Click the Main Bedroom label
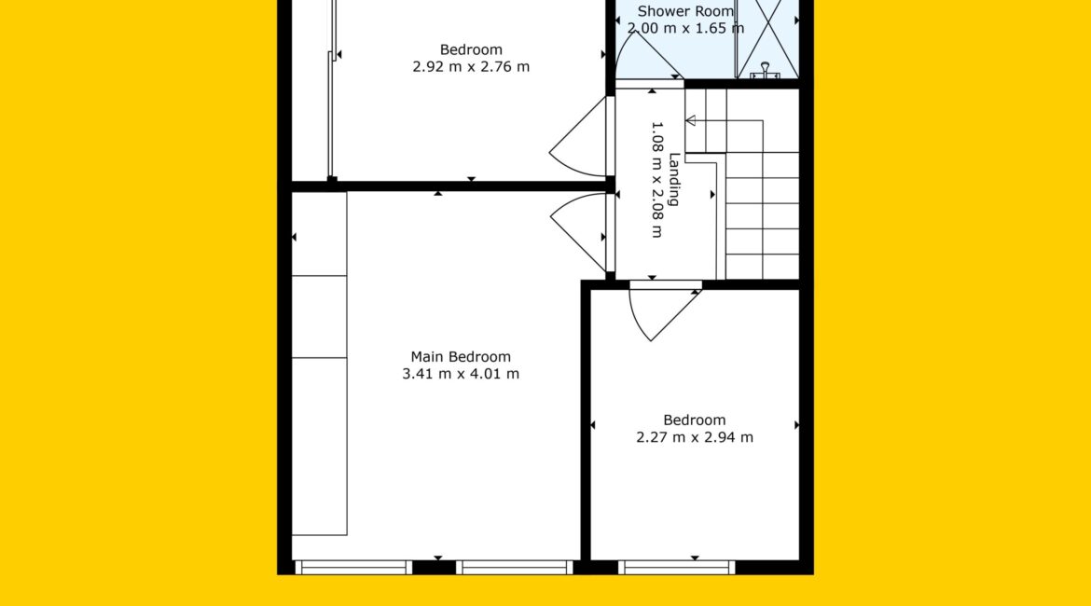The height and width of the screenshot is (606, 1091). tap(461, 357)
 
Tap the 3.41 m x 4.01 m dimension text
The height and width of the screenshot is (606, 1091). tap(461, 374)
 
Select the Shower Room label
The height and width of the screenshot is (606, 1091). tap(685, 11)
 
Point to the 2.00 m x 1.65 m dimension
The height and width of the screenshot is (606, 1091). tap(685, 29)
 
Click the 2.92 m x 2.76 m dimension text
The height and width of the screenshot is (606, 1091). tap(471, 67)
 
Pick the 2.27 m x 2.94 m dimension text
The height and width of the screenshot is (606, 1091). tap(695, 437)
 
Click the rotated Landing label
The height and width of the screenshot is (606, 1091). tap(674, 179)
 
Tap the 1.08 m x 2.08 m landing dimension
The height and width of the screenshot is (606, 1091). tap(656, 180)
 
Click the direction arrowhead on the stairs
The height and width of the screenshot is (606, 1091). tap(690, 121)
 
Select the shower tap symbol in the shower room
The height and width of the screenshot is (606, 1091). tap(765, 70)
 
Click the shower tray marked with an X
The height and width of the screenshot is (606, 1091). tap(767, 38)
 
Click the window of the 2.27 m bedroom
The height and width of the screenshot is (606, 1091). tap(676, 568)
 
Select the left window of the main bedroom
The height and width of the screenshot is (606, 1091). tap(354, 568)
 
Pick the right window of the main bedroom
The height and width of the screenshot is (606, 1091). tap(514, 568)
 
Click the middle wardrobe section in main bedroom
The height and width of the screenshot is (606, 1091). tap(319, 317)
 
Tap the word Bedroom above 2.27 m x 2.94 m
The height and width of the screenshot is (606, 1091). tap(695, 420)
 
